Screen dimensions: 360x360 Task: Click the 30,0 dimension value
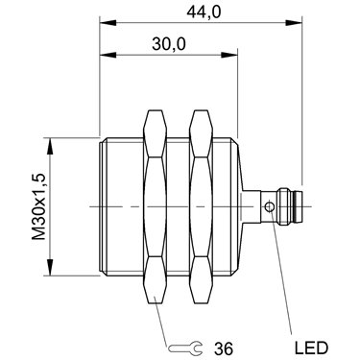pyautogui.click(x=169, y=44)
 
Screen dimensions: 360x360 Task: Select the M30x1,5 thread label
pyautogui.click(x=39, y=206)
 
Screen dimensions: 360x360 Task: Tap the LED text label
pyautogui.click(x=311, y=348)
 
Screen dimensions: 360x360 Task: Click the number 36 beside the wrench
pyautogui.click(x=224, y=348)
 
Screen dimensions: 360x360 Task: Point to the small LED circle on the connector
pyautogui.click(x=269, y=206)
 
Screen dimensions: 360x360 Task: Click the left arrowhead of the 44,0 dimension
pyautogui.click(x=108, y=23)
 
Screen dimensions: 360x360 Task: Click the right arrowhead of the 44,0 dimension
pyautogui.click(x=294, y=23)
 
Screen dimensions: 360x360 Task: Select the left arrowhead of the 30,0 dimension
pyautogui.click(x=108, y=55)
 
